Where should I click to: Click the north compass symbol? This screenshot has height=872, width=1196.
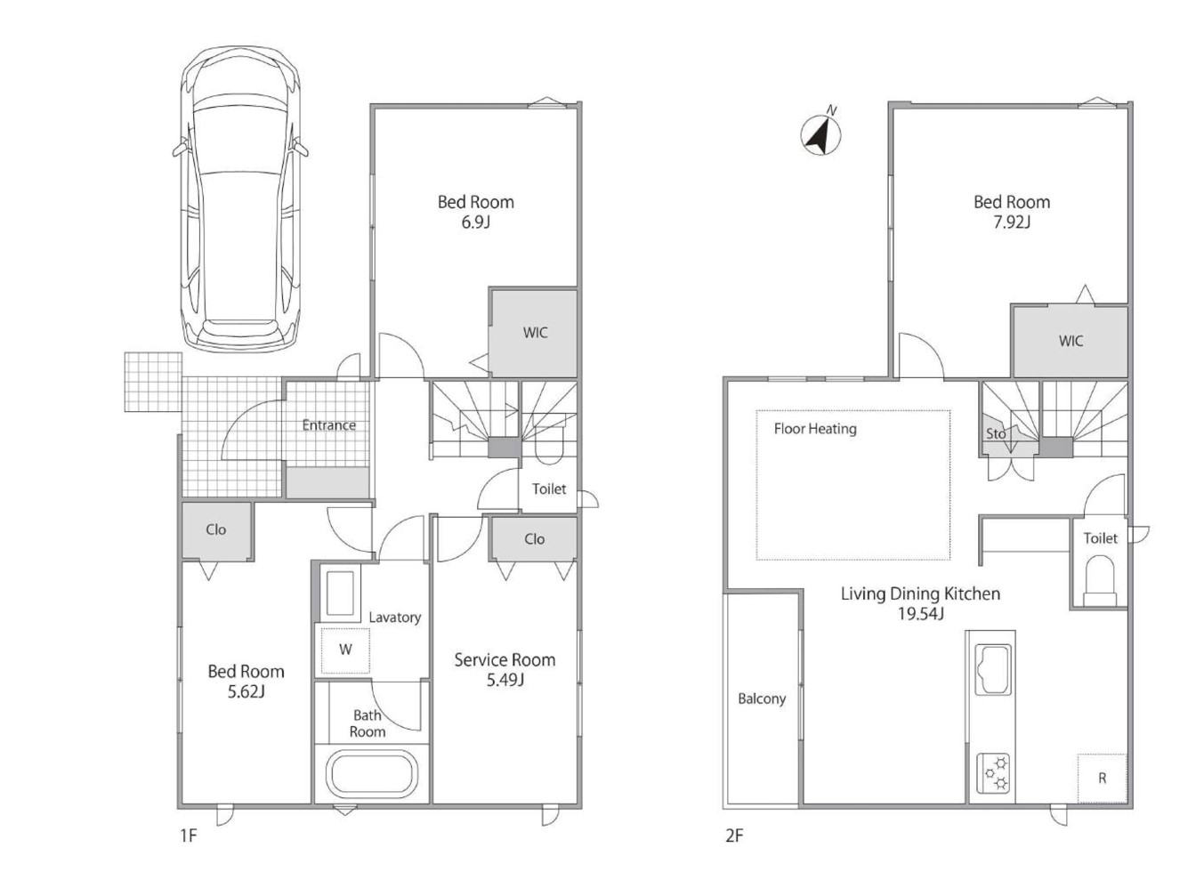click(820, 134)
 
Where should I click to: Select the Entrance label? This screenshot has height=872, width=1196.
click(329, 425)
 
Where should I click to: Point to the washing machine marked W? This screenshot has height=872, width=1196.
click(345, 650)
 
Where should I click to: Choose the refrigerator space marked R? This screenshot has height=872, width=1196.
click(1102, 778)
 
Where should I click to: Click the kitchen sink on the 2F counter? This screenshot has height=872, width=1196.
click(993, 670)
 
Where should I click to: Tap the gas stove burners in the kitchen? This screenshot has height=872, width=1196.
click(994, 772)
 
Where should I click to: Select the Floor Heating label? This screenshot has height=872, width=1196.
click(815, 429)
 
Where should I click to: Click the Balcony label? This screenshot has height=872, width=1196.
click(762, 699)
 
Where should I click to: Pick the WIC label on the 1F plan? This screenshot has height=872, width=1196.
click(535, 333)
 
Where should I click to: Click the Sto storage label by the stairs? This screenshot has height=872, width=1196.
click(996, 433)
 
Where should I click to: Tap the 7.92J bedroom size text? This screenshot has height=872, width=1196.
click(1012, 222)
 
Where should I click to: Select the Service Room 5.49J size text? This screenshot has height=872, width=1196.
click(505, 680)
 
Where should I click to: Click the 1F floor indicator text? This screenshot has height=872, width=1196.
click(189, 836)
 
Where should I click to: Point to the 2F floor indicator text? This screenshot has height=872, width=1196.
click(734, 836)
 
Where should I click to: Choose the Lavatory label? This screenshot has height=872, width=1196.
click(395, 618)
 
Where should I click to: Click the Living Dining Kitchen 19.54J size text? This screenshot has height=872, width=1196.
click(920, 614)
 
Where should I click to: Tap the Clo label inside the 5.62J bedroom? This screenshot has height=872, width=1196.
click(215, 529)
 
